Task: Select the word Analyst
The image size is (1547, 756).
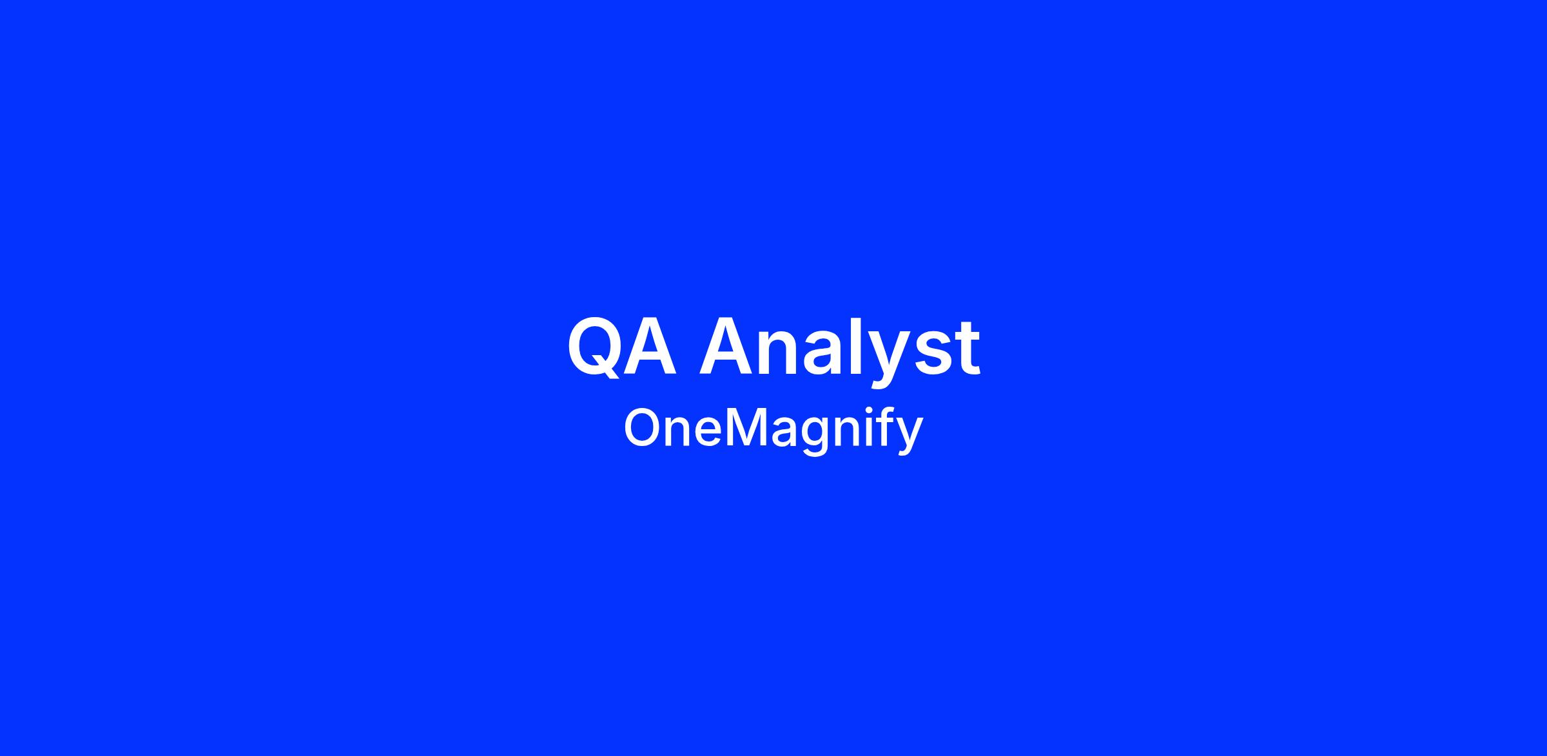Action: (841, 351)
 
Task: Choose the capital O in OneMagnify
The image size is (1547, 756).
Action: (643, 428)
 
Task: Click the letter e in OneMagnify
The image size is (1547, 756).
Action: (709, 433)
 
